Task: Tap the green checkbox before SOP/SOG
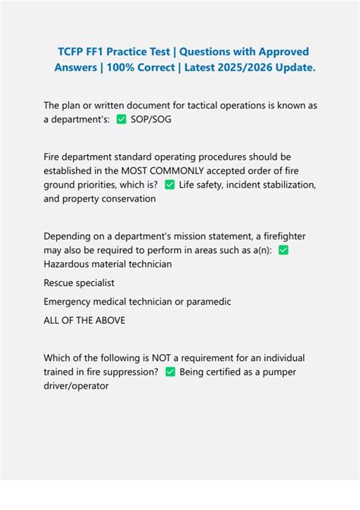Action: point(121,119)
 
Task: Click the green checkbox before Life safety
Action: point(169,185)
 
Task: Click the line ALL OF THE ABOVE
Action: point(84,320)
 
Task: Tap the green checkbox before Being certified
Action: point(170,372)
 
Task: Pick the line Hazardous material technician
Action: point(108,264)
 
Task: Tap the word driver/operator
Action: point(76,385)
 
